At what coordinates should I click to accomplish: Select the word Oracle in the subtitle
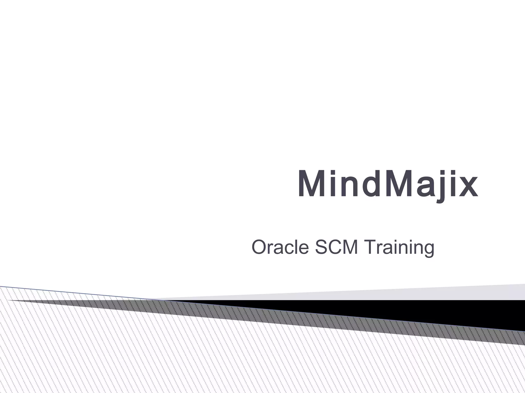point(280,247)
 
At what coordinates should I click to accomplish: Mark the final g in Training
point(427,249)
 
